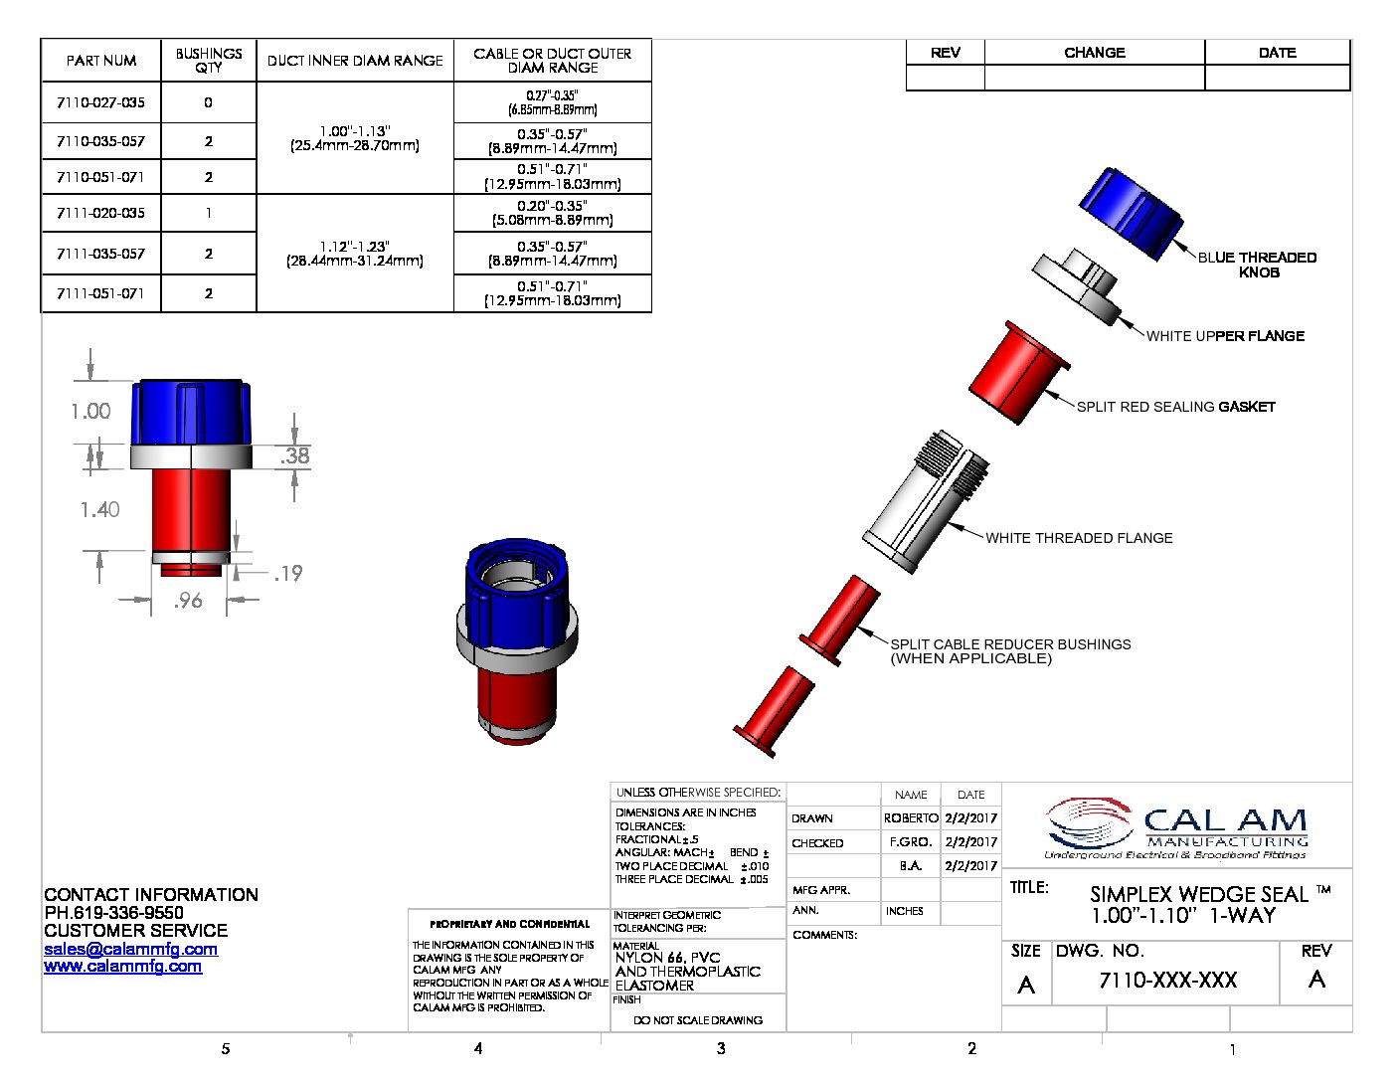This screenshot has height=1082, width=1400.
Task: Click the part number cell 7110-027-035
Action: (x=100, y=102)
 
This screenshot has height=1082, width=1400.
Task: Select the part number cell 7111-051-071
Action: (x=100, y=293)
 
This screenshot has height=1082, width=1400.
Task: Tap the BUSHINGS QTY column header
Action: (x=209, y=60)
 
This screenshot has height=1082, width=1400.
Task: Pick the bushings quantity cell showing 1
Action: (x=209, y=213)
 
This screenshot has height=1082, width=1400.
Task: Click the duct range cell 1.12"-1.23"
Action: (x=355, y=254)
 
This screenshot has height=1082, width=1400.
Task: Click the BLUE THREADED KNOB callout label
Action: (x=1257, y=265)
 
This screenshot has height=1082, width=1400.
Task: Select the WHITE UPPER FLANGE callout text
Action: (x=1225, y=336)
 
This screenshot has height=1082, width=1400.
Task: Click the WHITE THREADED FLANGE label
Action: (x=1079, y=538)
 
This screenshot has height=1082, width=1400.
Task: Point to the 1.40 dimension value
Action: (x=99, y=510)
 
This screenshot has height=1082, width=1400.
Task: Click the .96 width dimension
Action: (x=188, y=600)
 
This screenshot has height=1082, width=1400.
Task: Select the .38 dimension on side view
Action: (x=294, y=456)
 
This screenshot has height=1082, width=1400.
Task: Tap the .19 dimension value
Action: (x=288, y=573)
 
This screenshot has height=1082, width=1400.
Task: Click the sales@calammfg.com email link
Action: (x=130, y=949)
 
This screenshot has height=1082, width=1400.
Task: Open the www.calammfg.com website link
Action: (x=122, y=967)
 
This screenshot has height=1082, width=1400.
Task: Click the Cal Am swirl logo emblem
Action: (x=1089, y=823)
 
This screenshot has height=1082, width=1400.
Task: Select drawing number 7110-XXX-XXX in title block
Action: (x=1167, y=981)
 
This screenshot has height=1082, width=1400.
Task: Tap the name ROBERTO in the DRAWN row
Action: (x=910, y=818)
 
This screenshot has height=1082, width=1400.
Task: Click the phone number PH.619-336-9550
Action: (x=113, y=913)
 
